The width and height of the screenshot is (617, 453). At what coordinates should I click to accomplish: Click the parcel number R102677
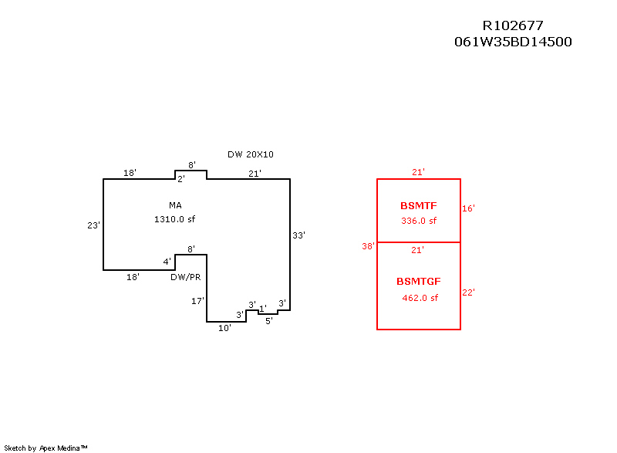click(x=513, y=26)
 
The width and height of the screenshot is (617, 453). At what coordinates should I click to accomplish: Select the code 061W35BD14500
click(x=513, y=42)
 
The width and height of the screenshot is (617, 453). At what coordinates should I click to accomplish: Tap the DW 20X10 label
click(x=251, y=154)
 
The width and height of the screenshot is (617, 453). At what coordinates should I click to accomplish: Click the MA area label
click(x=175, y=205)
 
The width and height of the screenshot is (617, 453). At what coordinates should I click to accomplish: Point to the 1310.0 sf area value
click(x=174, y=219)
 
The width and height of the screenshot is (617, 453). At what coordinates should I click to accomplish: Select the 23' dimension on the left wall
click(x=94, y=225)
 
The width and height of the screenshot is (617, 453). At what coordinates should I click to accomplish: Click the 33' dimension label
click(x=299, y=235)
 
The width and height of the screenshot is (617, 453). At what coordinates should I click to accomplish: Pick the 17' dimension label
click(x=197, y=300)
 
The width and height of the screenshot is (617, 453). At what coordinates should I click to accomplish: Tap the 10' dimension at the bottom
click(x=224, y=329)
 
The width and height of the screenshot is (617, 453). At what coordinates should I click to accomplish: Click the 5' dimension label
click(x=268, y=321)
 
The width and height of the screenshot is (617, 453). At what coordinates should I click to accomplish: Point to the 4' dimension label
click(x=167, y=262)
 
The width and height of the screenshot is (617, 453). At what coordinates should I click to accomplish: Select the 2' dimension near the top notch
click(x=181, y=180)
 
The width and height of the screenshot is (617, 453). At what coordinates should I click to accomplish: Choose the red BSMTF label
click(x=419, y=206)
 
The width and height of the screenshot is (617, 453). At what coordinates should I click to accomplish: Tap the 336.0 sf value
click(x=419, y=221)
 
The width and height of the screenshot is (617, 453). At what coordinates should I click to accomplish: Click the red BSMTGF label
click(x=419, y=282)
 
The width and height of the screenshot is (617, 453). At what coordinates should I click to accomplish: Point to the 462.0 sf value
click(x=420, y=298)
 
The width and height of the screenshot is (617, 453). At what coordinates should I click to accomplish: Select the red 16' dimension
click(x=468, y=208)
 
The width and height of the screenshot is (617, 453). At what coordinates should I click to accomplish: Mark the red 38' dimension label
click(x=368, y=247)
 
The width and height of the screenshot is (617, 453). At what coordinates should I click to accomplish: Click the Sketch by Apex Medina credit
click(x=46, y=448)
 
